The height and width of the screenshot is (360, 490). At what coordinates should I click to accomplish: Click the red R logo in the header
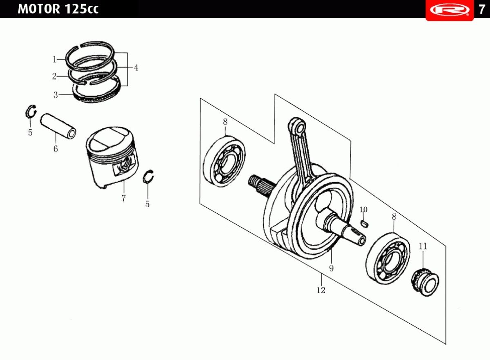[449, 9]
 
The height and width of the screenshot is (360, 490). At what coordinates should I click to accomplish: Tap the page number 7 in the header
[482, 9]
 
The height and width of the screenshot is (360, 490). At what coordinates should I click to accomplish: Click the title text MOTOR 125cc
[58, 9]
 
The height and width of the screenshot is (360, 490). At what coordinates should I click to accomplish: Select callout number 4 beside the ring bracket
[136, 68]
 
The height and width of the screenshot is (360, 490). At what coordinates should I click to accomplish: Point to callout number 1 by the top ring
[54, 60]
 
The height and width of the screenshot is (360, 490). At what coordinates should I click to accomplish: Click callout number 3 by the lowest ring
[56, 95]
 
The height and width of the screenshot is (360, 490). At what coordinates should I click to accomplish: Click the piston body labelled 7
[112, 157]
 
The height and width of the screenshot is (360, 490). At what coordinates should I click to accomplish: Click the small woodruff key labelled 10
[365, 223]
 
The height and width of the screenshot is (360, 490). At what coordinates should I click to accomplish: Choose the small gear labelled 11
[426, 282]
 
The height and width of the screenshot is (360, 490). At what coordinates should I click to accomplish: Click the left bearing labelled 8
[225, 162]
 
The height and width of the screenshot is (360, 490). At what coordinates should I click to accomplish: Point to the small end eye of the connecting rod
[297, 126]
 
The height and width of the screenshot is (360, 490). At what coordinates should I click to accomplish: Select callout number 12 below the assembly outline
[321, 290]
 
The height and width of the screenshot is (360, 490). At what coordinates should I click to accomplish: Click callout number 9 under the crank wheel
[331, 268]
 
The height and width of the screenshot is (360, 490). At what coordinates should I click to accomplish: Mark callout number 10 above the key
[363, 210]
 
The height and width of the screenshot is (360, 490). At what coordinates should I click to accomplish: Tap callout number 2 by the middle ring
[54, 76]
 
